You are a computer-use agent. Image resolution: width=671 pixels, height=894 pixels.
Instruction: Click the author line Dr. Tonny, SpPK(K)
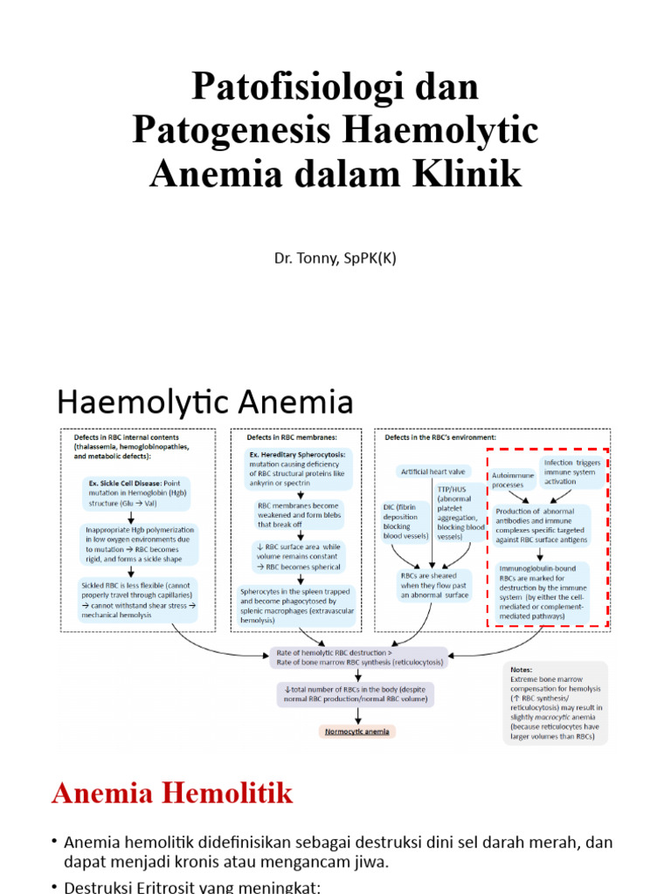(335, 258)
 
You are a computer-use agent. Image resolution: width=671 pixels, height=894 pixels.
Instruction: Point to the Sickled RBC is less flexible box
(138, 599)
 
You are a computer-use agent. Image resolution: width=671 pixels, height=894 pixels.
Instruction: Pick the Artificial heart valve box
(433, 471)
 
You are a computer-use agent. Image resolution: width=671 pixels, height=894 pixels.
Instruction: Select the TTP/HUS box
(460, 514)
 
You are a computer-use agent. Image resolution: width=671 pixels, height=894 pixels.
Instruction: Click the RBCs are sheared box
(434, 584)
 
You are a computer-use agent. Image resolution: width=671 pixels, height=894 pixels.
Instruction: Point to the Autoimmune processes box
(512, 479)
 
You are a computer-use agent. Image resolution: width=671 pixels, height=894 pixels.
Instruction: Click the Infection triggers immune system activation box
(571, 471)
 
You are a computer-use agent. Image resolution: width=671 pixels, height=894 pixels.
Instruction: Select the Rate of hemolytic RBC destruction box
(359, 657)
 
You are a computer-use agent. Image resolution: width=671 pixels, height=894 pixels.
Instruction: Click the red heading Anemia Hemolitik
(172, 794)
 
